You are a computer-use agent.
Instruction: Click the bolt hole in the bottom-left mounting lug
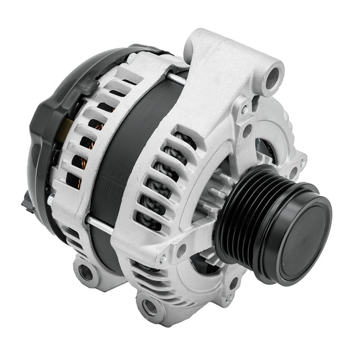[85, 273]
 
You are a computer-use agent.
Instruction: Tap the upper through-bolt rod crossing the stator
[176, 79]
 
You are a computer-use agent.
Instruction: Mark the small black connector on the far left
[26, 200]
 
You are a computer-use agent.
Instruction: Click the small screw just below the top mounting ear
[244, 106]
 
